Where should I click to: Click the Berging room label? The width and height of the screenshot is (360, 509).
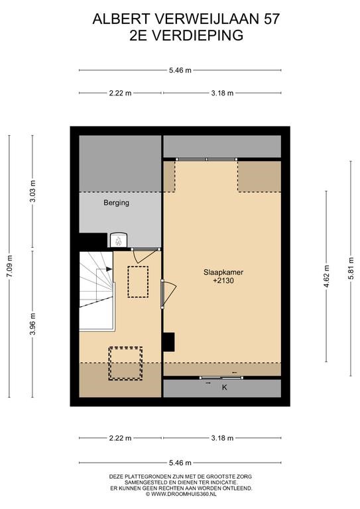tap(116, 203)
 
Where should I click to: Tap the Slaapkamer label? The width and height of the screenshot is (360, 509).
tap(223, 272)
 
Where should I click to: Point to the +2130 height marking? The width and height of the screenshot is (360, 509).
tap(223, 281)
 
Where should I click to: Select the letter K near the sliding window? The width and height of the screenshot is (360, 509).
tap(224, 387)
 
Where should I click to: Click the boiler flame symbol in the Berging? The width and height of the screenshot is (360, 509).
tap(118, 241)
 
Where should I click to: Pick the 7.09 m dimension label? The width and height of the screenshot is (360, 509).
tap(9, 266)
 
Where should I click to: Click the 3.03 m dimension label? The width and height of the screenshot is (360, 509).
tap(32, 191)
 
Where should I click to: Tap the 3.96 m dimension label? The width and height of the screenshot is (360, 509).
tap(32, 324)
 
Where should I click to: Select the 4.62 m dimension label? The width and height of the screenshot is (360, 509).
tap(326, 276)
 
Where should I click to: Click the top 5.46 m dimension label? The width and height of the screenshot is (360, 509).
tap(180, 70)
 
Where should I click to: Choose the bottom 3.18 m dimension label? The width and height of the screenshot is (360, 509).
tap(222, 438)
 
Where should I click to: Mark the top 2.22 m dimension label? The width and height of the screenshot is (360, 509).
tap(121, 93)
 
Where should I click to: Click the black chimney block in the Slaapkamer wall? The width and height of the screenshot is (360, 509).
tap(168, 342)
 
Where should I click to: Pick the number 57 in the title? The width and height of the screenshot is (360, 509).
tap(271, 19)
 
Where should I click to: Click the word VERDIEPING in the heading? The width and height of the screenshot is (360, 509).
tap(198, 35)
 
